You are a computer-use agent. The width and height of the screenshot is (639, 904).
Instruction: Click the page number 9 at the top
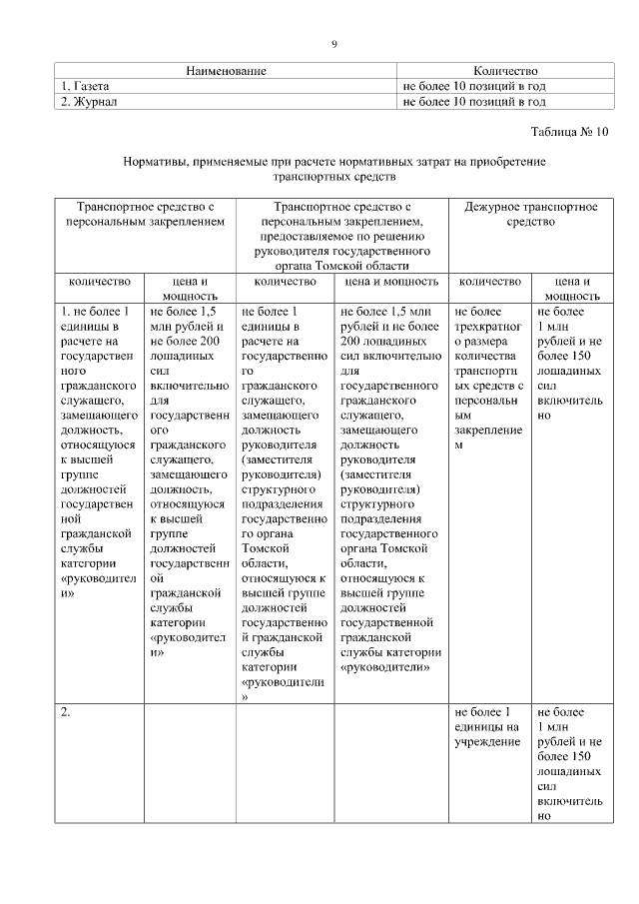pyautogui.click(x=334, y=44)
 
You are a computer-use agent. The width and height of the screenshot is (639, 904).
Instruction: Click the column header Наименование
pyautogui.click(x=226, y=71)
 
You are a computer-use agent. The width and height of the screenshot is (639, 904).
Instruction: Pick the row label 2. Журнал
pyautogui.click(x=90, y=101)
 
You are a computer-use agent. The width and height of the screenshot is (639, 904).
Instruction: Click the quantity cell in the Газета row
pyautogui.click(x=473, y=86)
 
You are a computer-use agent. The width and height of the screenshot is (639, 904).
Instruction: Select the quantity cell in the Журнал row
pyautogui.click(x=473, y=101)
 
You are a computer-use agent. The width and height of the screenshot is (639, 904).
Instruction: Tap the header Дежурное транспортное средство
pyautogui.click(x=530, y=214)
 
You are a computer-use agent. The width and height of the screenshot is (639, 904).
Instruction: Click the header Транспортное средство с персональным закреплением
pyautogui.click(x=146, y=214)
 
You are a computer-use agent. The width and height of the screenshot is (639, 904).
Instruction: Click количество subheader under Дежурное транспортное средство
pyautogui.click(x=488, y=282)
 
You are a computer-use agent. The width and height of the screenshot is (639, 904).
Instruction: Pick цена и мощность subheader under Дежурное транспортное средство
pyautogui.click(x=571, y=289)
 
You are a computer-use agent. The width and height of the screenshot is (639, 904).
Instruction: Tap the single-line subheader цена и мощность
pyautogui.click(x=390, y=282)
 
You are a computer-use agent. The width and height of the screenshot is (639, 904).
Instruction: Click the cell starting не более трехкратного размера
pyautogui.click(x=488, y=380)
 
